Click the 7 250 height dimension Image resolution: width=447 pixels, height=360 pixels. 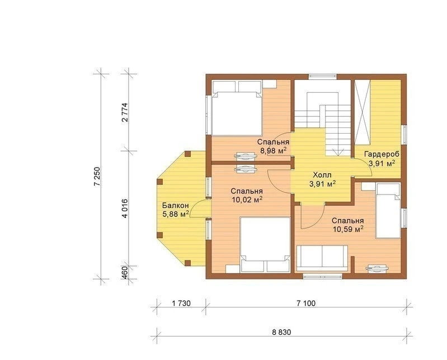click(x=98, y=176)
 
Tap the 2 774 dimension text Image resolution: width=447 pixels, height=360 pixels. click(x=125, y=112)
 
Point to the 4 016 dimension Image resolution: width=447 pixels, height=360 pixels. click(x=125, y=208)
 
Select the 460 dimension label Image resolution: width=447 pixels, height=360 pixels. click(x=125, y=272)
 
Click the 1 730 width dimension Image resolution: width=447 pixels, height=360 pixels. click(x=181, y=304)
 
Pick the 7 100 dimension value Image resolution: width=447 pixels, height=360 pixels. click(x=306, y=304)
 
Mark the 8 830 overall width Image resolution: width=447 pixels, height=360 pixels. click(x=281, y=332)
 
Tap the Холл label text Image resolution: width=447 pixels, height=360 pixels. click(x=322, y=175)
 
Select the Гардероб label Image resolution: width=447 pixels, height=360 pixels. click(x=382, y=154)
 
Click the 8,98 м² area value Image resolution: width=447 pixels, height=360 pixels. click(x=274, y=151)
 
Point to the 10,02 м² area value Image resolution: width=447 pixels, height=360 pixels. click(x=247, y=200)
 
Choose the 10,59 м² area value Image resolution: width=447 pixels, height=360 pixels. click(x=348, y=229)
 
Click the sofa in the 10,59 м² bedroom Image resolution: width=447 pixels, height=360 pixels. click(x=322, y=258)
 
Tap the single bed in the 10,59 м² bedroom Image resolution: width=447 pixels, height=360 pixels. click(x=388, y=211)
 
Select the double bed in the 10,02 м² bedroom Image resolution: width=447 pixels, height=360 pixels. click(x=265, y=245)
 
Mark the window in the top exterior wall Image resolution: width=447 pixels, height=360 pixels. click(x=323, y=76)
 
